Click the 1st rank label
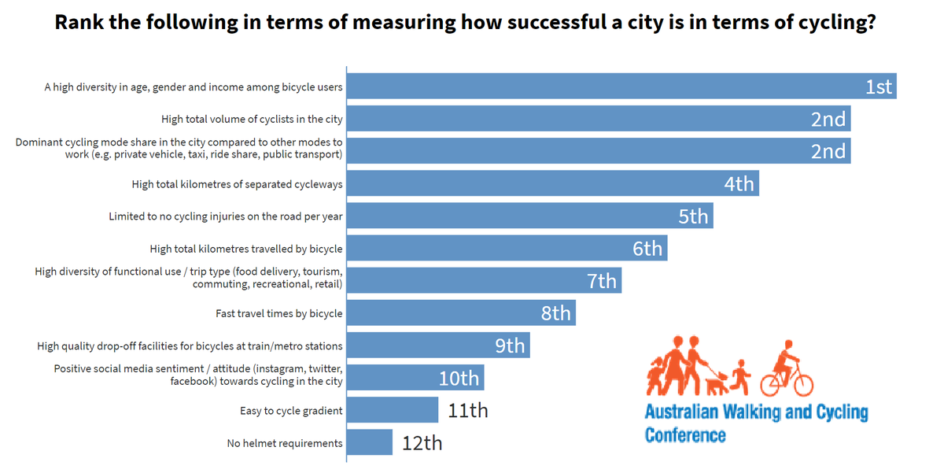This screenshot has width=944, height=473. pos(879,87)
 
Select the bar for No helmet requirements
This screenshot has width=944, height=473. pos(369,442)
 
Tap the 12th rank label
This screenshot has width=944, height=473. pos(422,443)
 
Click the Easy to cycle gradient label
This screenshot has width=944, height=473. pos(291,411)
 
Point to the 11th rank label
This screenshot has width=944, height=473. pos(467,410)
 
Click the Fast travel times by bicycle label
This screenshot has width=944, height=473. pos(279,313)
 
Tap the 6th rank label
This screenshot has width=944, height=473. pos(647,249)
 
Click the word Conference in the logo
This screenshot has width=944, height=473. pos(685,434)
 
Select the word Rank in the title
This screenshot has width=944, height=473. pos(78,22)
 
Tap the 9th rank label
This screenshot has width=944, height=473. pos(510,346)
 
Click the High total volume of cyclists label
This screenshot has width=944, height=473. pos(252,119)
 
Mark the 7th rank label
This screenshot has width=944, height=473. pos(602,281)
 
